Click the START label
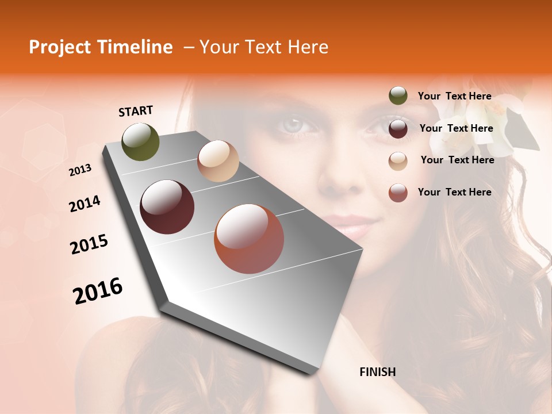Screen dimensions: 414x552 tap(136, 111)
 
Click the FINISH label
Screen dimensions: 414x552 tap(377, 372)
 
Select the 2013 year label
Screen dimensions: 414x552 tap(80, 170)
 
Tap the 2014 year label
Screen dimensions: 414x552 tap(85, 204)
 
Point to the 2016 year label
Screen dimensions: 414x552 tap(98, 291)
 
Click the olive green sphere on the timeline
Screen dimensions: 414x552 tap(141, 141)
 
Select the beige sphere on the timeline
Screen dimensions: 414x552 tap(218, 161)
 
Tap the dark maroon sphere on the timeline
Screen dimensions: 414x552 tap(167, 207)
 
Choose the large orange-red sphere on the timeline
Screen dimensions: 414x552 tap(249, 239)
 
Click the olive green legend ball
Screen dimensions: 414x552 tap(398, 96)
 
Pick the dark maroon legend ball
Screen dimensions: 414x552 tap(398, 128)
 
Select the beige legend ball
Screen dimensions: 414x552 tap(398, 160)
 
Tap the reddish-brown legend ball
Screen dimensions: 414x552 tap(398, 193)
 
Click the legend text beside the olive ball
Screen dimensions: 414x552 tap(454, 97)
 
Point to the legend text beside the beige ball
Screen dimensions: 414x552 tap(457, 160)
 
